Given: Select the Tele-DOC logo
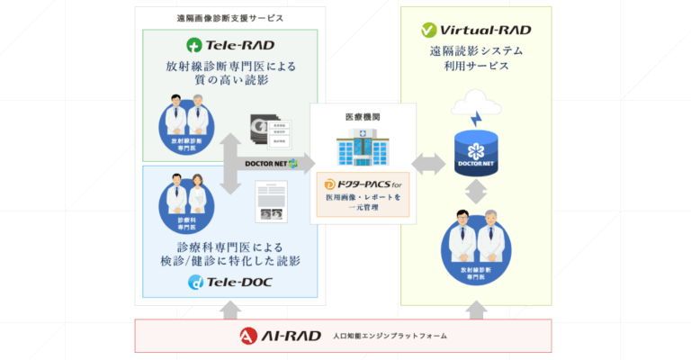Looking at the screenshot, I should (x=229, y=283).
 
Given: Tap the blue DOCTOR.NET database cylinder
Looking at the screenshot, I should (x=476, y=151).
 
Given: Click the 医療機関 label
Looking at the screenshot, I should (x=363, y=117).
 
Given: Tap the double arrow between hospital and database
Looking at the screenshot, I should (x=428, y=163).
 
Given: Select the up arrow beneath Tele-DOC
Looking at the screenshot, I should (x=229, y=310).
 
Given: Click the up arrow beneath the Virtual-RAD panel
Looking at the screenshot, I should (x=476, y=310).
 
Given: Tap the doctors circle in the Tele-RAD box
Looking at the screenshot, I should (x=185, y=127).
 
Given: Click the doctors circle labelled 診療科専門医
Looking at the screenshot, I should (x=185, y=207).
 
